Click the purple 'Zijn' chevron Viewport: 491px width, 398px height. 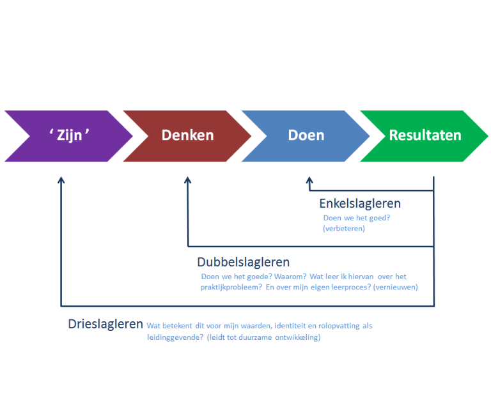[69, 136]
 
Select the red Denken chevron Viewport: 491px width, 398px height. [187, 136]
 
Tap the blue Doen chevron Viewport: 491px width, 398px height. [306, 136]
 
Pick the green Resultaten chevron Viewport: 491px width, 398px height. [425, 136]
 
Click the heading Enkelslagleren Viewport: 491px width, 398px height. [360, 204]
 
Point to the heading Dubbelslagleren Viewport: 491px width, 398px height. [244, 262]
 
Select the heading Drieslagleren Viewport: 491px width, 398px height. [105, 324]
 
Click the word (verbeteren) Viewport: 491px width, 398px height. [344, 229]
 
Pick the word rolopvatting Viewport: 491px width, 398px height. [339, 326]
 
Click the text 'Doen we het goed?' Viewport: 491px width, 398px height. [357, 218]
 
